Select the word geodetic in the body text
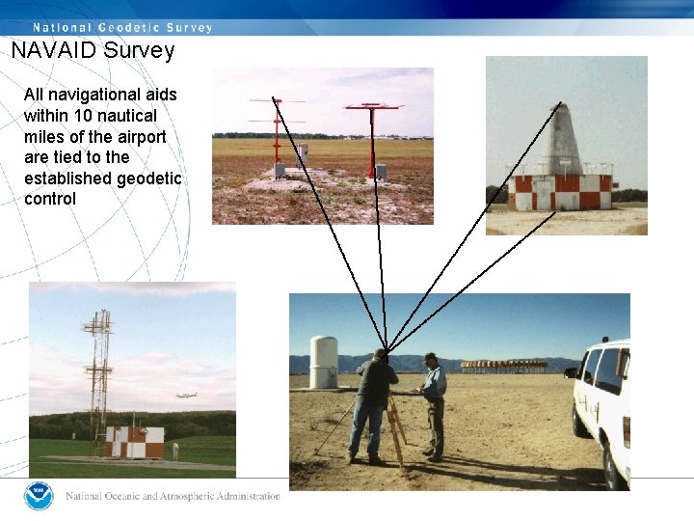click(x=148, y=178)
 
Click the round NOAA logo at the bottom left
click(x=39, y=496)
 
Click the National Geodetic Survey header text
click(x=122, y=27)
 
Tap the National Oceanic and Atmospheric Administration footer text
click(x=173, y=497)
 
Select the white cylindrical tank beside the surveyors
click(x=323, y=362)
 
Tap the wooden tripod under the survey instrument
click(x=394, y=429)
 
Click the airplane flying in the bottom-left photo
click(x=187, y=396)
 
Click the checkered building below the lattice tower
click(x=135, y=442)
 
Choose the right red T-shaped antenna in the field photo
click(x=372, y=135)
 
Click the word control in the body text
click(x=50, y=200)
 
